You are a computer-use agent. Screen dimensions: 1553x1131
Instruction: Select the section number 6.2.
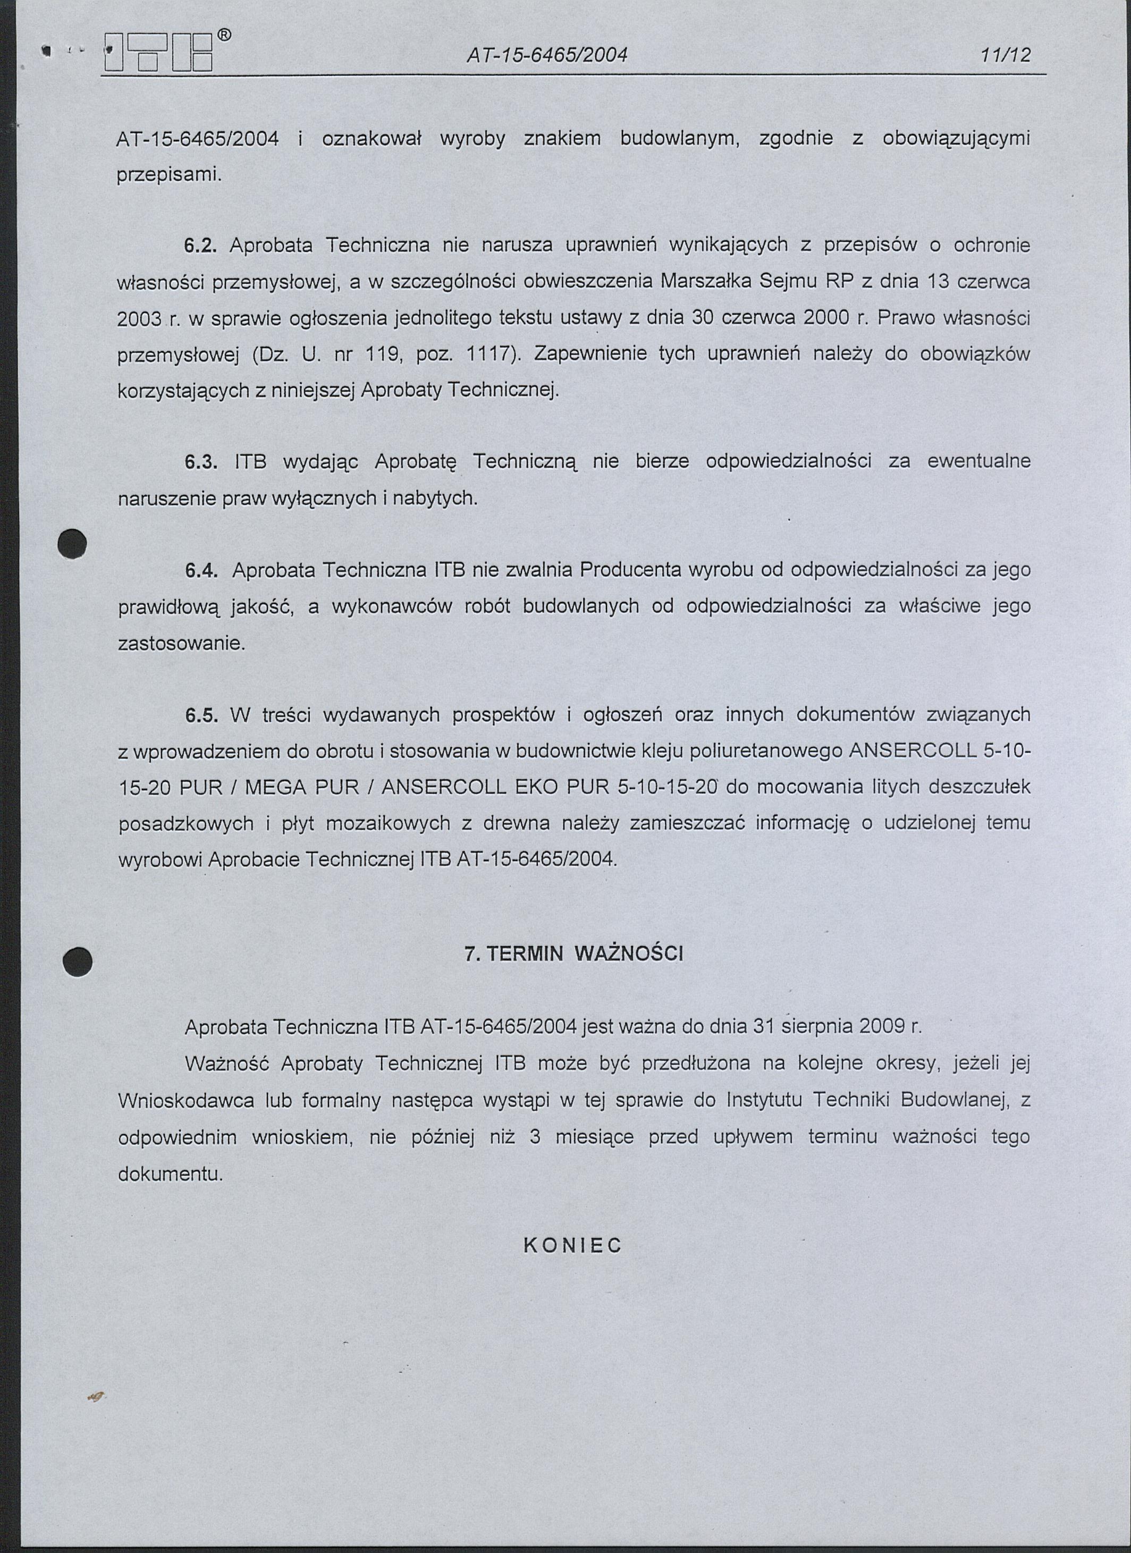[200, 245]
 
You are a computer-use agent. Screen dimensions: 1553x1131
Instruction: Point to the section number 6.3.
[200, 461]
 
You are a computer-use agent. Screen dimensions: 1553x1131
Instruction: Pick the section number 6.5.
[200, 715]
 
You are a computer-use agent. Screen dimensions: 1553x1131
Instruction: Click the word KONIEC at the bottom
[572, 1245]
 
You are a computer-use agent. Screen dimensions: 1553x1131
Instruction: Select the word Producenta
[630, 570]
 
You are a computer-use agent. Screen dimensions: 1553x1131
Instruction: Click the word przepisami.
[168, 175]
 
